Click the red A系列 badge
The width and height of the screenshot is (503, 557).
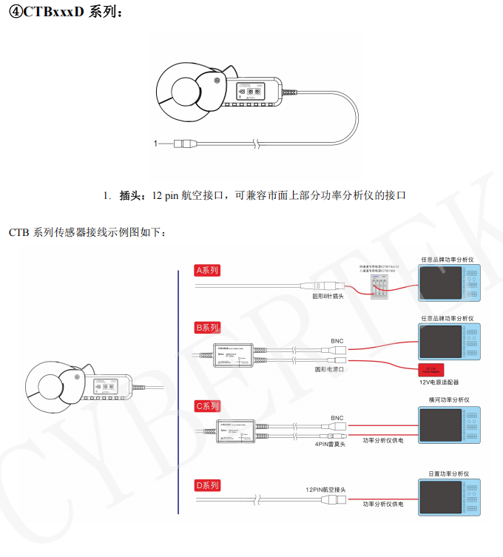(208, 271)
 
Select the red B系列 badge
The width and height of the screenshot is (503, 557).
(208, 327)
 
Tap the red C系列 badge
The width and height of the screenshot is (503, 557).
(208, 406)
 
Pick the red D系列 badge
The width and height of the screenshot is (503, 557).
(208, 485)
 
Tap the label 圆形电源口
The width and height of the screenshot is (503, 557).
(331, 368)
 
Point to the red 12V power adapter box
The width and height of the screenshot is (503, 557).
(428, 370)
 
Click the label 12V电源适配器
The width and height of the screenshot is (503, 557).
(433, 382)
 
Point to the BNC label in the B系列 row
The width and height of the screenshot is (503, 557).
(337, 342)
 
